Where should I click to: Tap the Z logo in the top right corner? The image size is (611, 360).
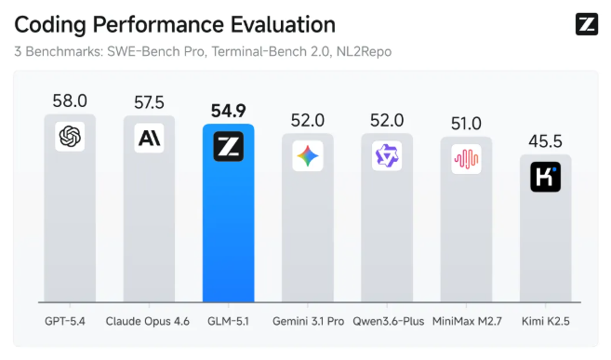pos(586,25)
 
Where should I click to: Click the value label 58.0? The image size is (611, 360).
pos(70,100)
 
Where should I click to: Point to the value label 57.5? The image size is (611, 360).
pos(149,100)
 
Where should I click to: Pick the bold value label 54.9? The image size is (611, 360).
pos(228,110)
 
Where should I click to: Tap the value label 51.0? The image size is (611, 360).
pos(465,122)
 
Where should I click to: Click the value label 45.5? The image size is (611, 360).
pos(545,140)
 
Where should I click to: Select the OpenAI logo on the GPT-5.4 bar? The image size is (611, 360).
pos(70,137)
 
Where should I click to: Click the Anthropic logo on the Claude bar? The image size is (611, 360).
pos(149,138)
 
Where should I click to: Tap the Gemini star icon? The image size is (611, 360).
pos(308,156)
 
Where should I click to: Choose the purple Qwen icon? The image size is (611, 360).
pos(386,155)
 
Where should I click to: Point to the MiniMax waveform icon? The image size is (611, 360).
pos(465,159)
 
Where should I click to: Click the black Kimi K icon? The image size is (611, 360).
pos(545,177)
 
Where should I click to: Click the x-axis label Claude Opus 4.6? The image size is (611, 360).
pos(149,321)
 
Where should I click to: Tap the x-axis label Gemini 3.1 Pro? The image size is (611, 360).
pos(308,321)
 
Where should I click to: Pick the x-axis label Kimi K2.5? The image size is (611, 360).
pos(545,321)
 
